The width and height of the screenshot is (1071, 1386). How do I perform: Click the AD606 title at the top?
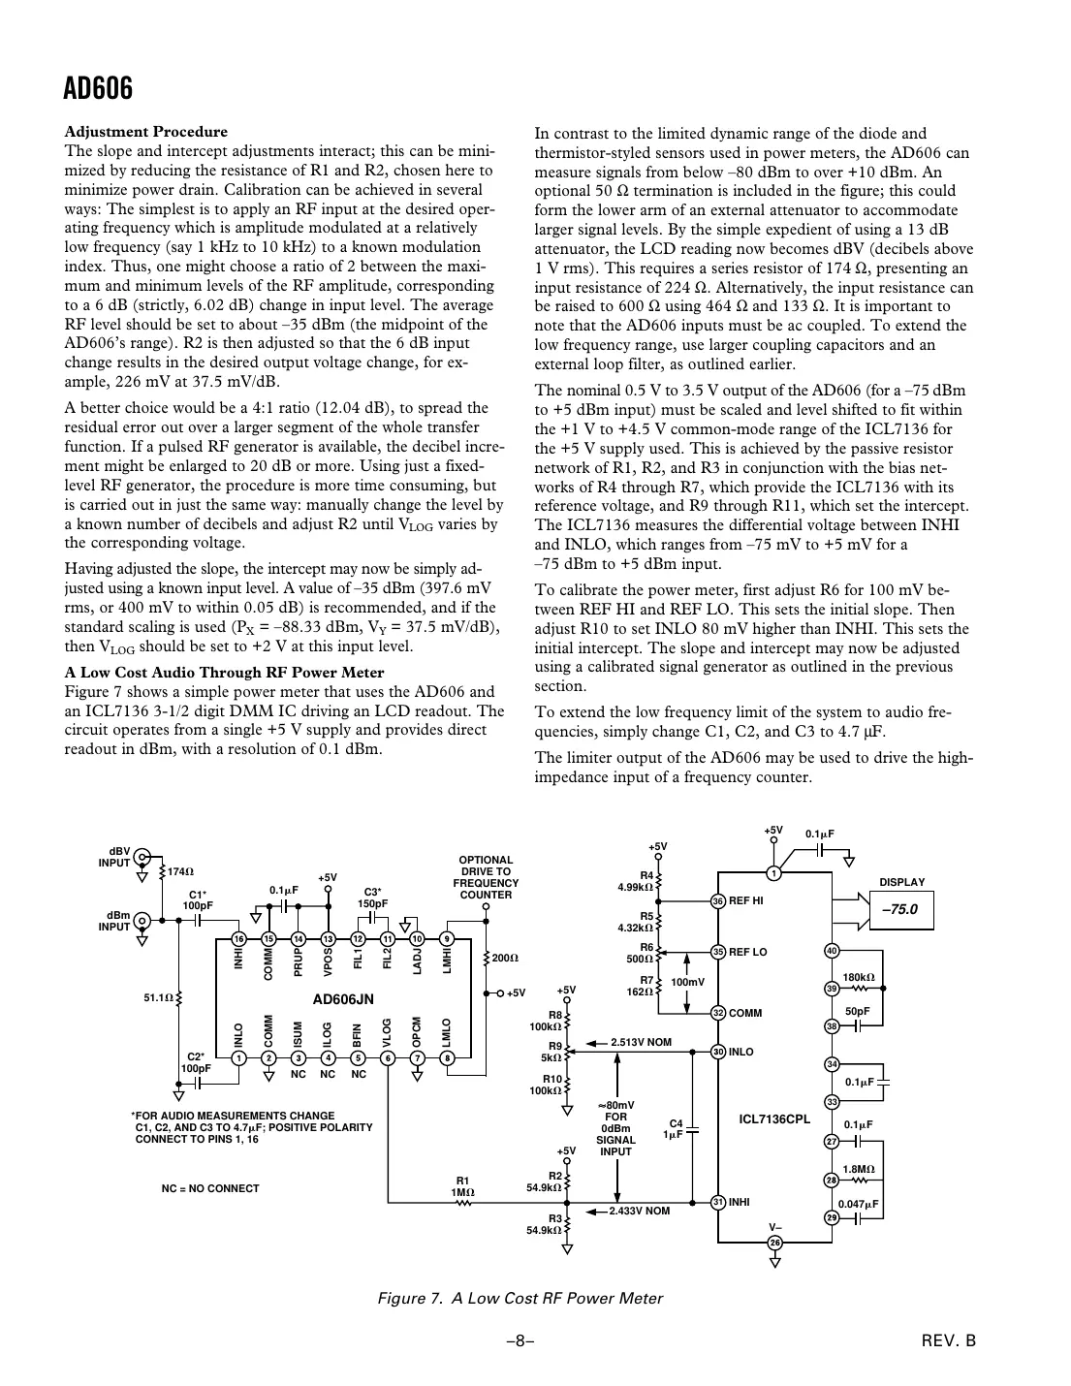pyautogui.click(x=98, y=89)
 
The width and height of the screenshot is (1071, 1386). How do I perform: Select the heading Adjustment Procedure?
pyautogui.click(x=145, y=132)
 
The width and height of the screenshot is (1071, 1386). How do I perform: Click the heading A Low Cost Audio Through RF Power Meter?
pyautogui.click(x=224, y=673)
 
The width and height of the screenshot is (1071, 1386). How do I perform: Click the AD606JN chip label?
pyautogui.click(x=342, y=997)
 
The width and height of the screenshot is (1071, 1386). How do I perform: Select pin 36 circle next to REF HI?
pyautogui.click(x=718, y=900)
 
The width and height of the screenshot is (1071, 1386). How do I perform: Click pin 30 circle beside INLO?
pyautogui.click(x=718, y=1052)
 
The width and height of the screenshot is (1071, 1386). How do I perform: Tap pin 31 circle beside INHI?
pyautogui.click(x=718, y=1202)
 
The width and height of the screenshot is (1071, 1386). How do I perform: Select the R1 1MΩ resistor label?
pyautogui.click(x=463, y=1185)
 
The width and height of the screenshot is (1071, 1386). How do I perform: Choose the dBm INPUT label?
pyautogui.click(x=114, y=921)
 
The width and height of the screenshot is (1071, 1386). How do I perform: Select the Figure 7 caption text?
pyautogui.click(x=520, y=1298)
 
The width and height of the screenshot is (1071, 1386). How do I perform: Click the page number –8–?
pyautogui.click(x=520, y=1341)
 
